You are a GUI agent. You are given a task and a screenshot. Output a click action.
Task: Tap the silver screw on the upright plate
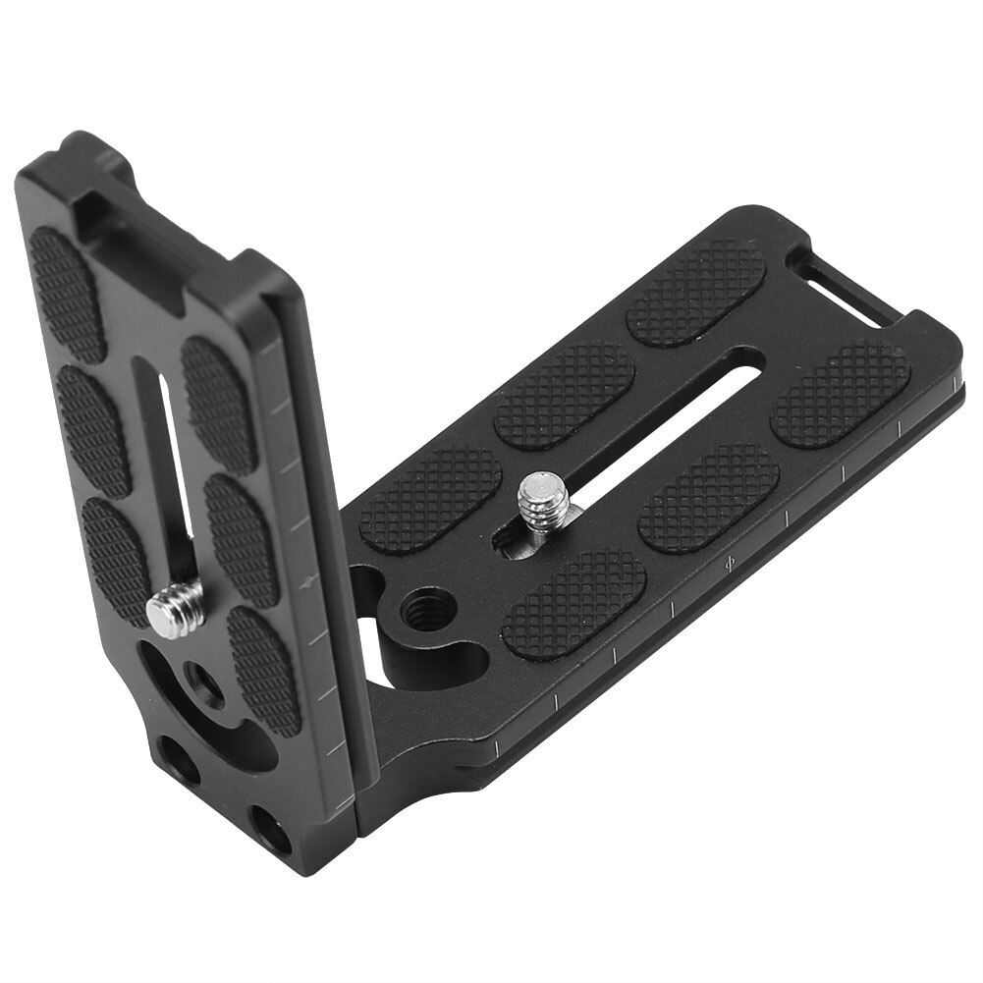[176, 608]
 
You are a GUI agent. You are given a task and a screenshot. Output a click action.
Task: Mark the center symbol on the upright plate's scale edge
[311, 581]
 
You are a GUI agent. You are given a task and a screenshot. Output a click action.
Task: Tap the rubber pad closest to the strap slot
[696, 292]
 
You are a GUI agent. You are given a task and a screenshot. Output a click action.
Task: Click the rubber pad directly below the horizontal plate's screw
[574, 601]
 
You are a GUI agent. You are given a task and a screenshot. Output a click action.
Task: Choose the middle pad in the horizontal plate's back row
[565, 394]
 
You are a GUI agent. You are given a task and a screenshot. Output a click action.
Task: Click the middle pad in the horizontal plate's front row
[708, 496]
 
